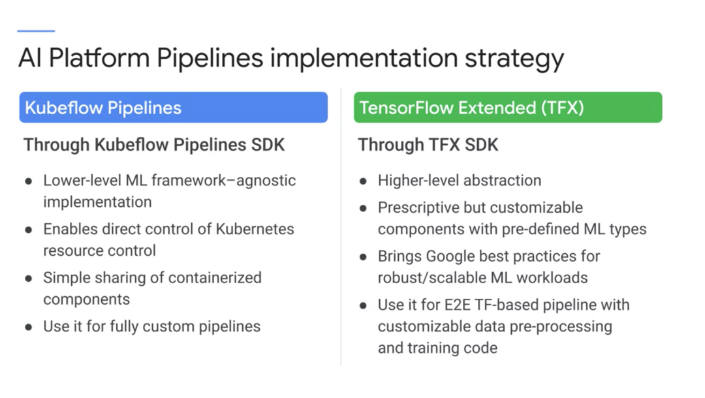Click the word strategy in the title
(514, 59)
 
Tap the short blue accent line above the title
(36, 31)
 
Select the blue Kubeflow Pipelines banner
(174, 108)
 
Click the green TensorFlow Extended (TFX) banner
(508, 108)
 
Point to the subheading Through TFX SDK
(428, 145)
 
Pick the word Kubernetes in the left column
(255, 229)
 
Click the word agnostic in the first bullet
(266, 181)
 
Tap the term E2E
(457, 305)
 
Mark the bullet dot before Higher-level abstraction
(364, 181)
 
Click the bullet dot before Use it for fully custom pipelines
(29, 328)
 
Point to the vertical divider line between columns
(341, 227)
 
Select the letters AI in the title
(29, 59)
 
